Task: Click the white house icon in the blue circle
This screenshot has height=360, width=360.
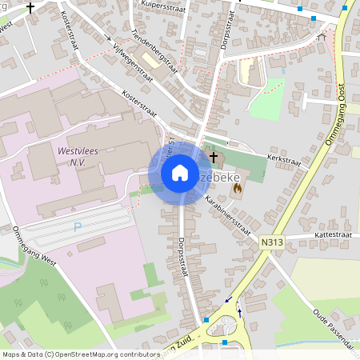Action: [180, 172]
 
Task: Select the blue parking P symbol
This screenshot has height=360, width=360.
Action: [78, 227]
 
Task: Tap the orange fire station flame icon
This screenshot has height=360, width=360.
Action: [238, 188]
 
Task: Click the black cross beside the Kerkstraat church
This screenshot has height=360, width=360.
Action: [214, 156]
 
